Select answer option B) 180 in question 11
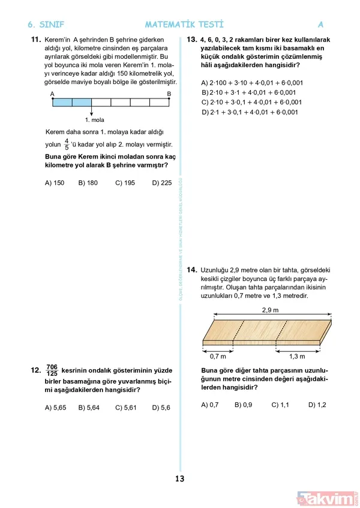[x=88, y=183]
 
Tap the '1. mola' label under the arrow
[x=95, y=119]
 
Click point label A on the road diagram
[x=53, y=94]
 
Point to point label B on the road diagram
[x=169, y=94]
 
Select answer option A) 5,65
[x=55, y=408]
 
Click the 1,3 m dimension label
[x=297, y=356]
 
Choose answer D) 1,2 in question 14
[x=317, y=405]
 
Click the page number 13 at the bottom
[x=179, y=479]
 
